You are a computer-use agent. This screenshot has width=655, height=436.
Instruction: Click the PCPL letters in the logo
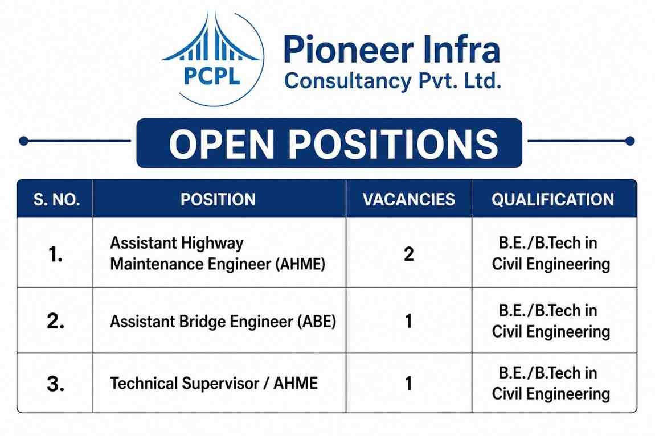tap(211, 76)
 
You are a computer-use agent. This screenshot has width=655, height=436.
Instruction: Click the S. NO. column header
tap(56, 200)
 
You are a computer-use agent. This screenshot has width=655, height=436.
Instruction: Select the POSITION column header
tap(218, 200)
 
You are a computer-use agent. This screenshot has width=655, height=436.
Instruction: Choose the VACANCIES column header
tap(408, 200)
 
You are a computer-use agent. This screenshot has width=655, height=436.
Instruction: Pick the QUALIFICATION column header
tap(552, 200)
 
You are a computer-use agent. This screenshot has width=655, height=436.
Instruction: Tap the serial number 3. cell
tap(56, 384)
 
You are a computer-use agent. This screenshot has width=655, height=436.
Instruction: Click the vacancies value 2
tap(409, 254)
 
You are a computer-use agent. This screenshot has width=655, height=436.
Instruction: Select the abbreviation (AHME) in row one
tap(300, 264)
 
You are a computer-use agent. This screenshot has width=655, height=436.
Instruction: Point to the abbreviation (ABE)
tap(317, 322)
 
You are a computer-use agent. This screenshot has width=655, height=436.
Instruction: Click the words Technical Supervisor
tap(184, 384)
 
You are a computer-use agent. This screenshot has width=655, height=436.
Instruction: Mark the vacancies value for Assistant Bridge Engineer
tap(408, 321)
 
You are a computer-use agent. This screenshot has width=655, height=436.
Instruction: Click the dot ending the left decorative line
tap(24, 141)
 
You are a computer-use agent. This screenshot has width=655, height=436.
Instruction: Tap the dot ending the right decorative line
tap(630, 141)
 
